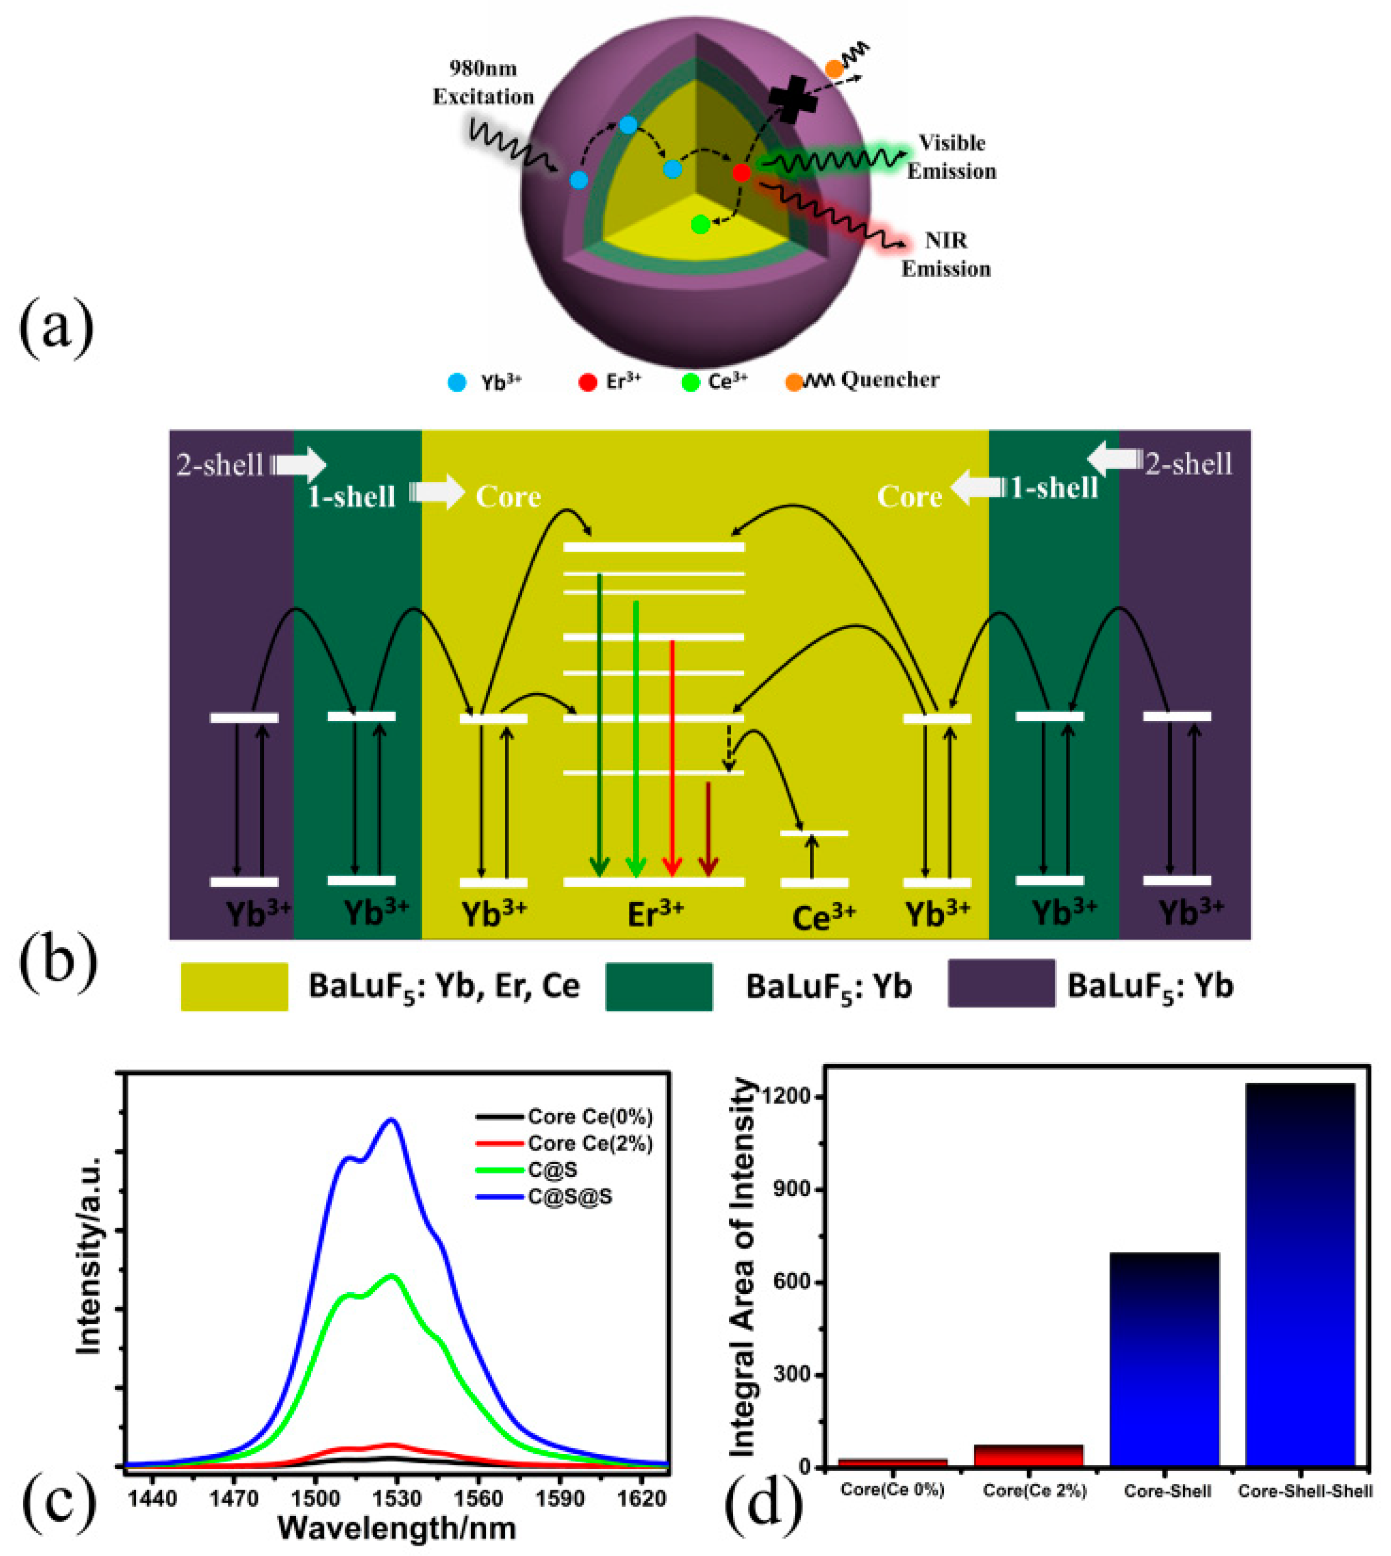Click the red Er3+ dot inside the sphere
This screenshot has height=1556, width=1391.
[x=741, y=172]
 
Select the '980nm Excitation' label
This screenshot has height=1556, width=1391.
[x=483, y=82]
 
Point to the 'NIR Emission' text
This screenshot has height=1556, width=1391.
[x=946, y=254]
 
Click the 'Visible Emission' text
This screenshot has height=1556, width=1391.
[x=952, y=156]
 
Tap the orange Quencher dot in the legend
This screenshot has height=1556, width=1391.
[x=794, y=382]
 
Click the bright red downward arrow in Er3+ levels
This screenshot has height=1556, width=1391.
[x=672, y=756]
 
